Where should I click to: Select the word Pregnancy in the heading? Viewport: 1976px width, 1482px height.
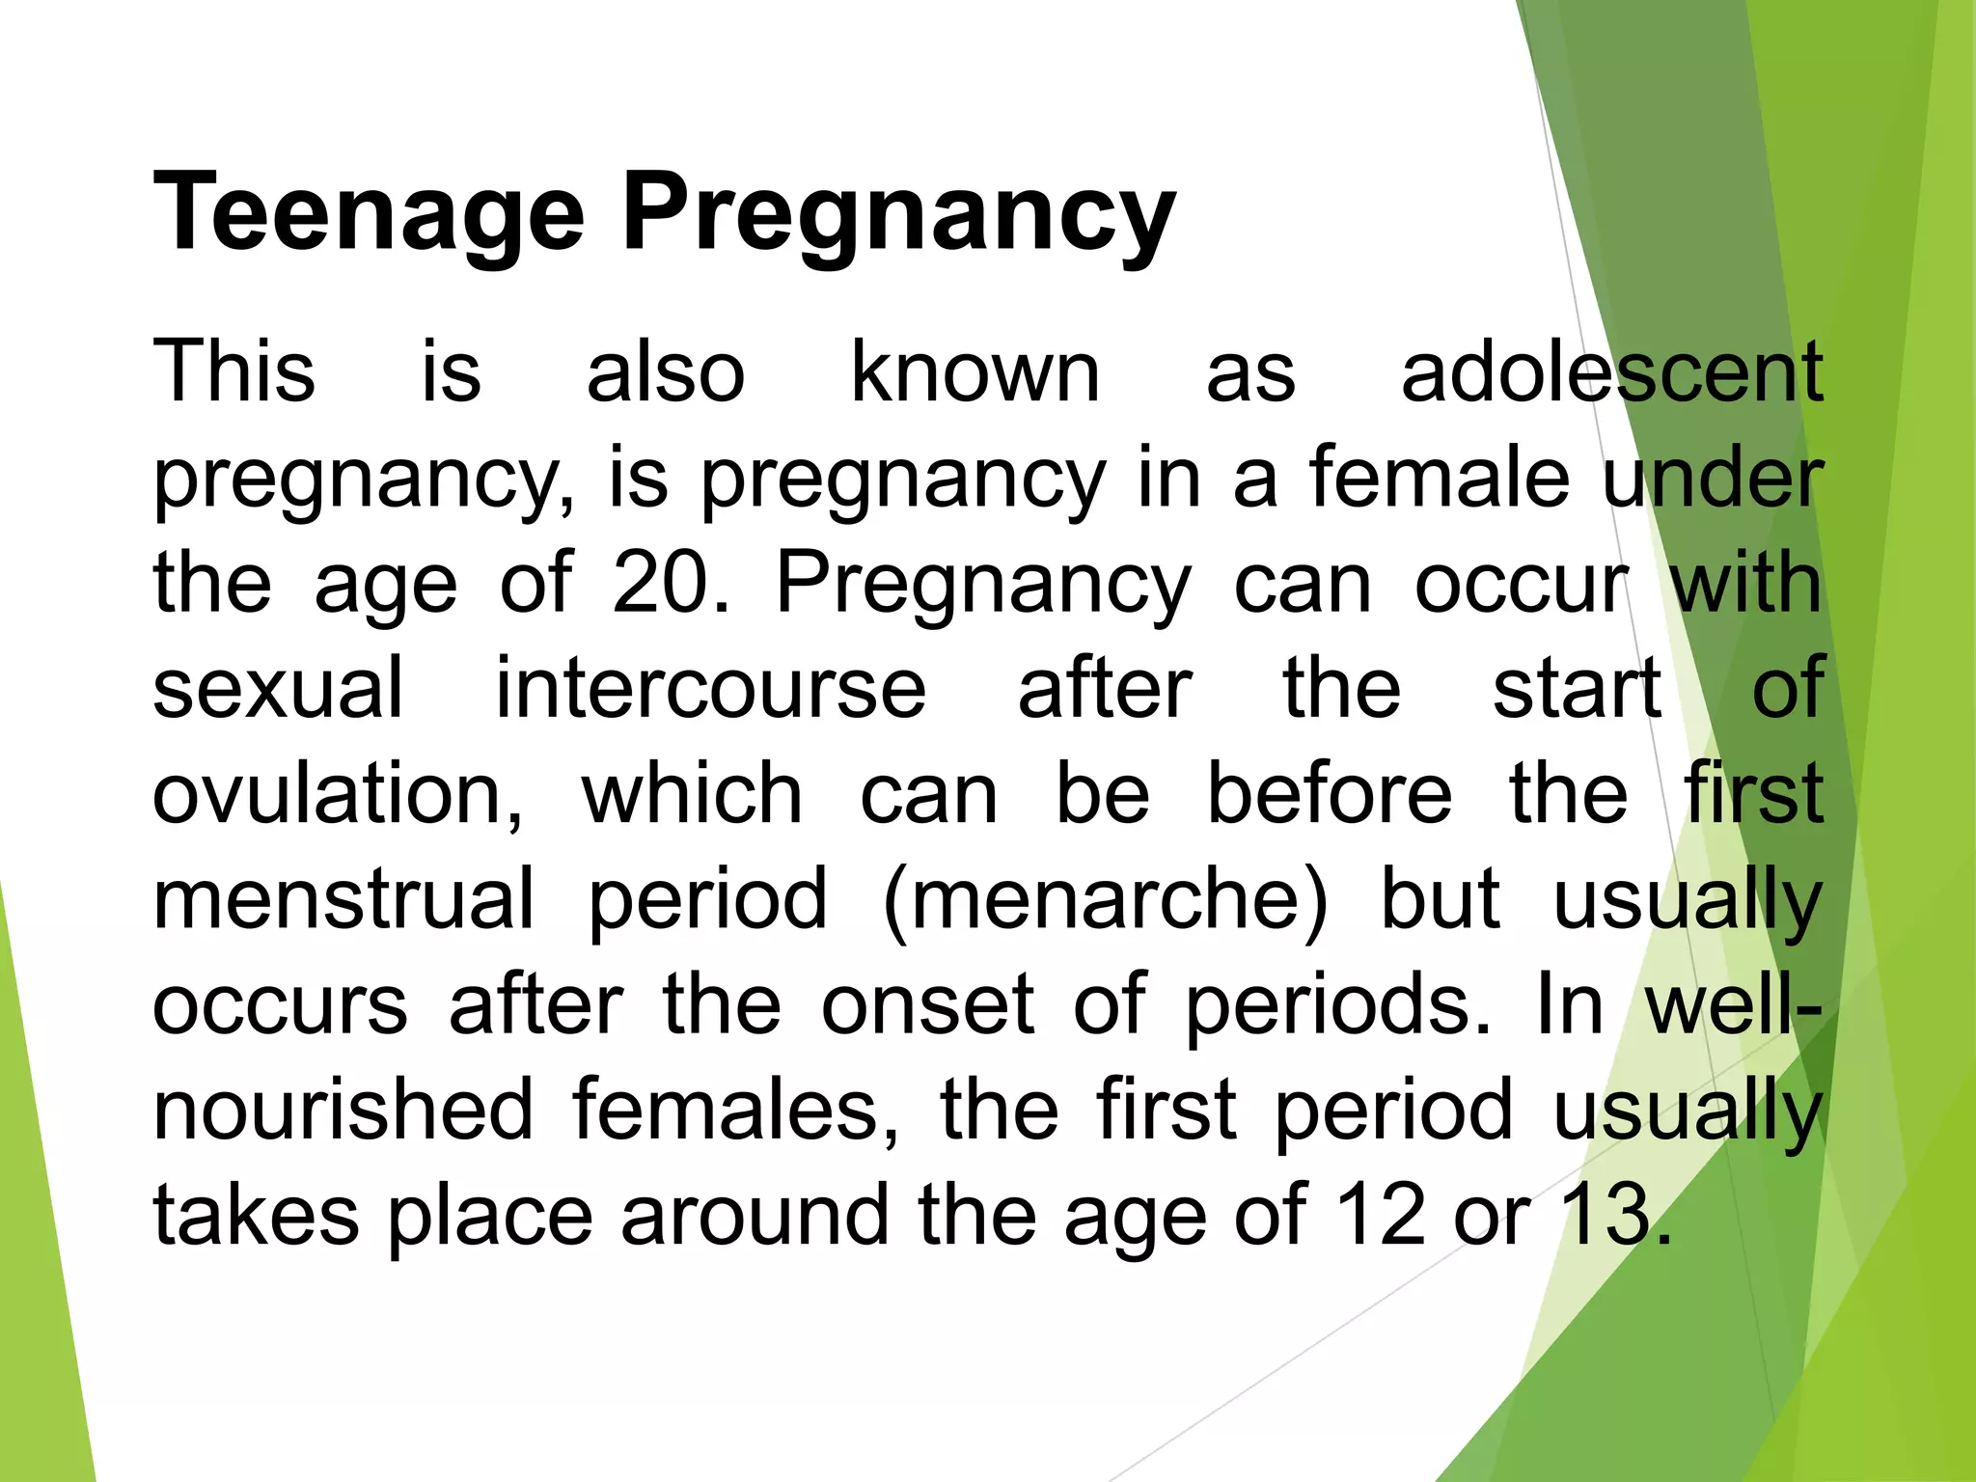coord(897,214)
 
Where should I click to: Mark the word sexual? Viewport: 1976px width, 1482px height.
coord(278,687)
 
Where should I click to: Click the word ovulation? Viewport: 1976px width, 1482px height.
coord(338,793)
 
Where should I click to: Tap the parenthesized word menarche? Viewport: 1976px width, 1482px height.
coord(1105,900)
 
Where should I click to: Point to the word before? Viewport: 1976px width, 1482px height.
coord(1330,793)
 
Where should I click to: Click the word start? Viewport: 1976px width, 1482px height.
coord(1578,687)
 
